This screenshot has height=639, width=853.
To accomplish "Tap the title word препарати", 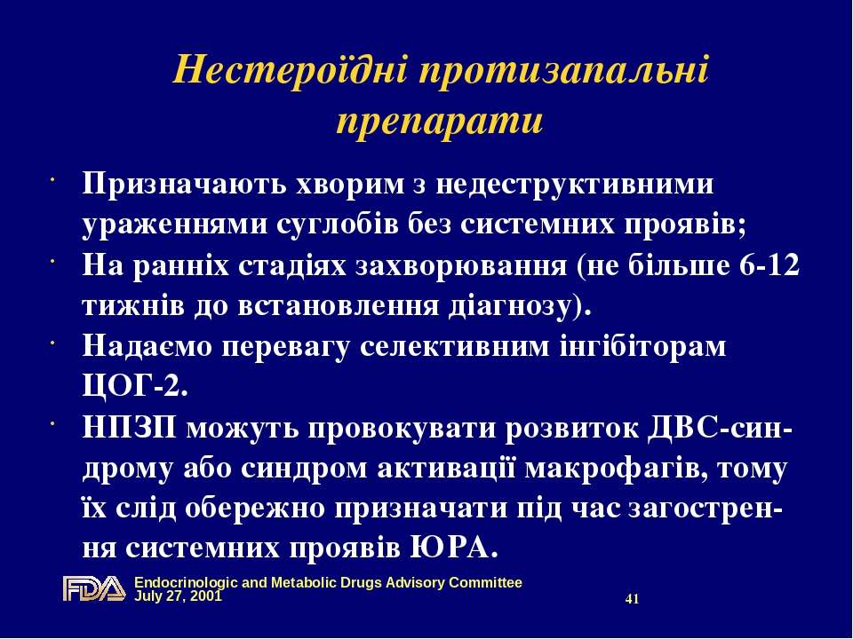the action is coord(440,121).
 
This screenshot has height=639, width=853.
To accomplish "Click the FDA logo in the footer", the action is coord(94,588).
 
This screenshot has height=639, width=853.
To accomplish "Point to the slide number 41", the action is coord(632,599).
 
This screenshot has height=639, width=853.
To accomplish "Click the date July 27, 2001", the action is coord(179,596).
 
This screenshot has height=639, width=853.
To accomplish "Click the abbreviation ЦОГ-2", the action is coord(135,386).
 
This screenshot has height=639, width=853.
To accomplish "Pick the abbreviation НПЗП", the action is coord(130,428).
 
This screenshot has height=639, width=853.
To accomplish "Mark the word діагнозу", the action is coord(520,306).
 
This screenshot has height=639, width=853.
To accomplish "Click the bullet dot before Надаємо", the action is coord(52,343).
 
